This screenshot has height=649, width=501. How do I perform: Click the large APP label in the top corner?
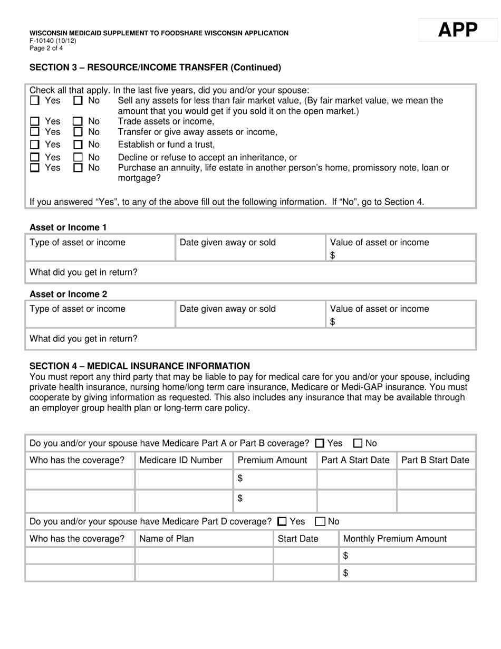[457, 30]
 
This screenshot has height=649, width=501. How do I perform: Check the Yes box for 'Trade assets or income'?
[35, 121]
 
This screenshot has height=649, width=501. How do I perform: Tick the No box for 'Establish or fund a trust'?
[78, 145]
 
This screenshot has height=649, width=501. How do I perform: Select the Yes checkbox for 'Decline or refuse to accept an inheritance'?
[35, 157]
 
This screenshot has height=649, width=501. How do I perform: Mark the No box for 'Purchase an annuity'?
[78, 168]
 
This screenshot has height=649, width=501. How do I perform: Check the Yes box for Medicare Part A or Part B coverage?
[320, 444]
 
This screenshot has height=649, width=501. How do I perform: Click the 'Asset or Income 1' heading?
[68, 227]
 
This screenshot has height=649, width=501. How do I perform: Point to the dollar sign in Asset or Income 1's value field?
[333, 255]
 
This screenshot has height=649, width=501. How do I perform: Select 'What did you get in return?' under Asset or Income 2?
[83, 339]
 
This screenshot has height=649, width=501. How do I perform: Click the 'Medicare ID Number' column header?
[181, 460]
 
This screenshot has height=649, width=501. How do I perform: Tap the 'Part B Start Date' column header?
[435, 460]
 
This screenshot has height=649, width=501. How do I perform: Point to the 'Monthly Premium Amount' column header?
[395, 539]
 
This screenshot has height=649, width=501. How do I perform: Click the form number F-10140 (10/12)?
[53, 41]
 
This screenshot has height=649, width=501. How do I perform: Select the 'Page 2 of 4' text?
[46, 48]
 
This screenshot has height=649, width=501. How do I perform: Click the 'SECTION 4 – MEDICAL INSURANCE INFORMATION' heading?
[140, 366]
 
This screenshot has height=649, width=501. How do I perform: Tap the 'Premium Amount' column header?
[273, 460]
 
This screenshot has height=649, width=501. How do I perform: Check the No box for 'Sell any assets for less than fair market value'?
[78, 100]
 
